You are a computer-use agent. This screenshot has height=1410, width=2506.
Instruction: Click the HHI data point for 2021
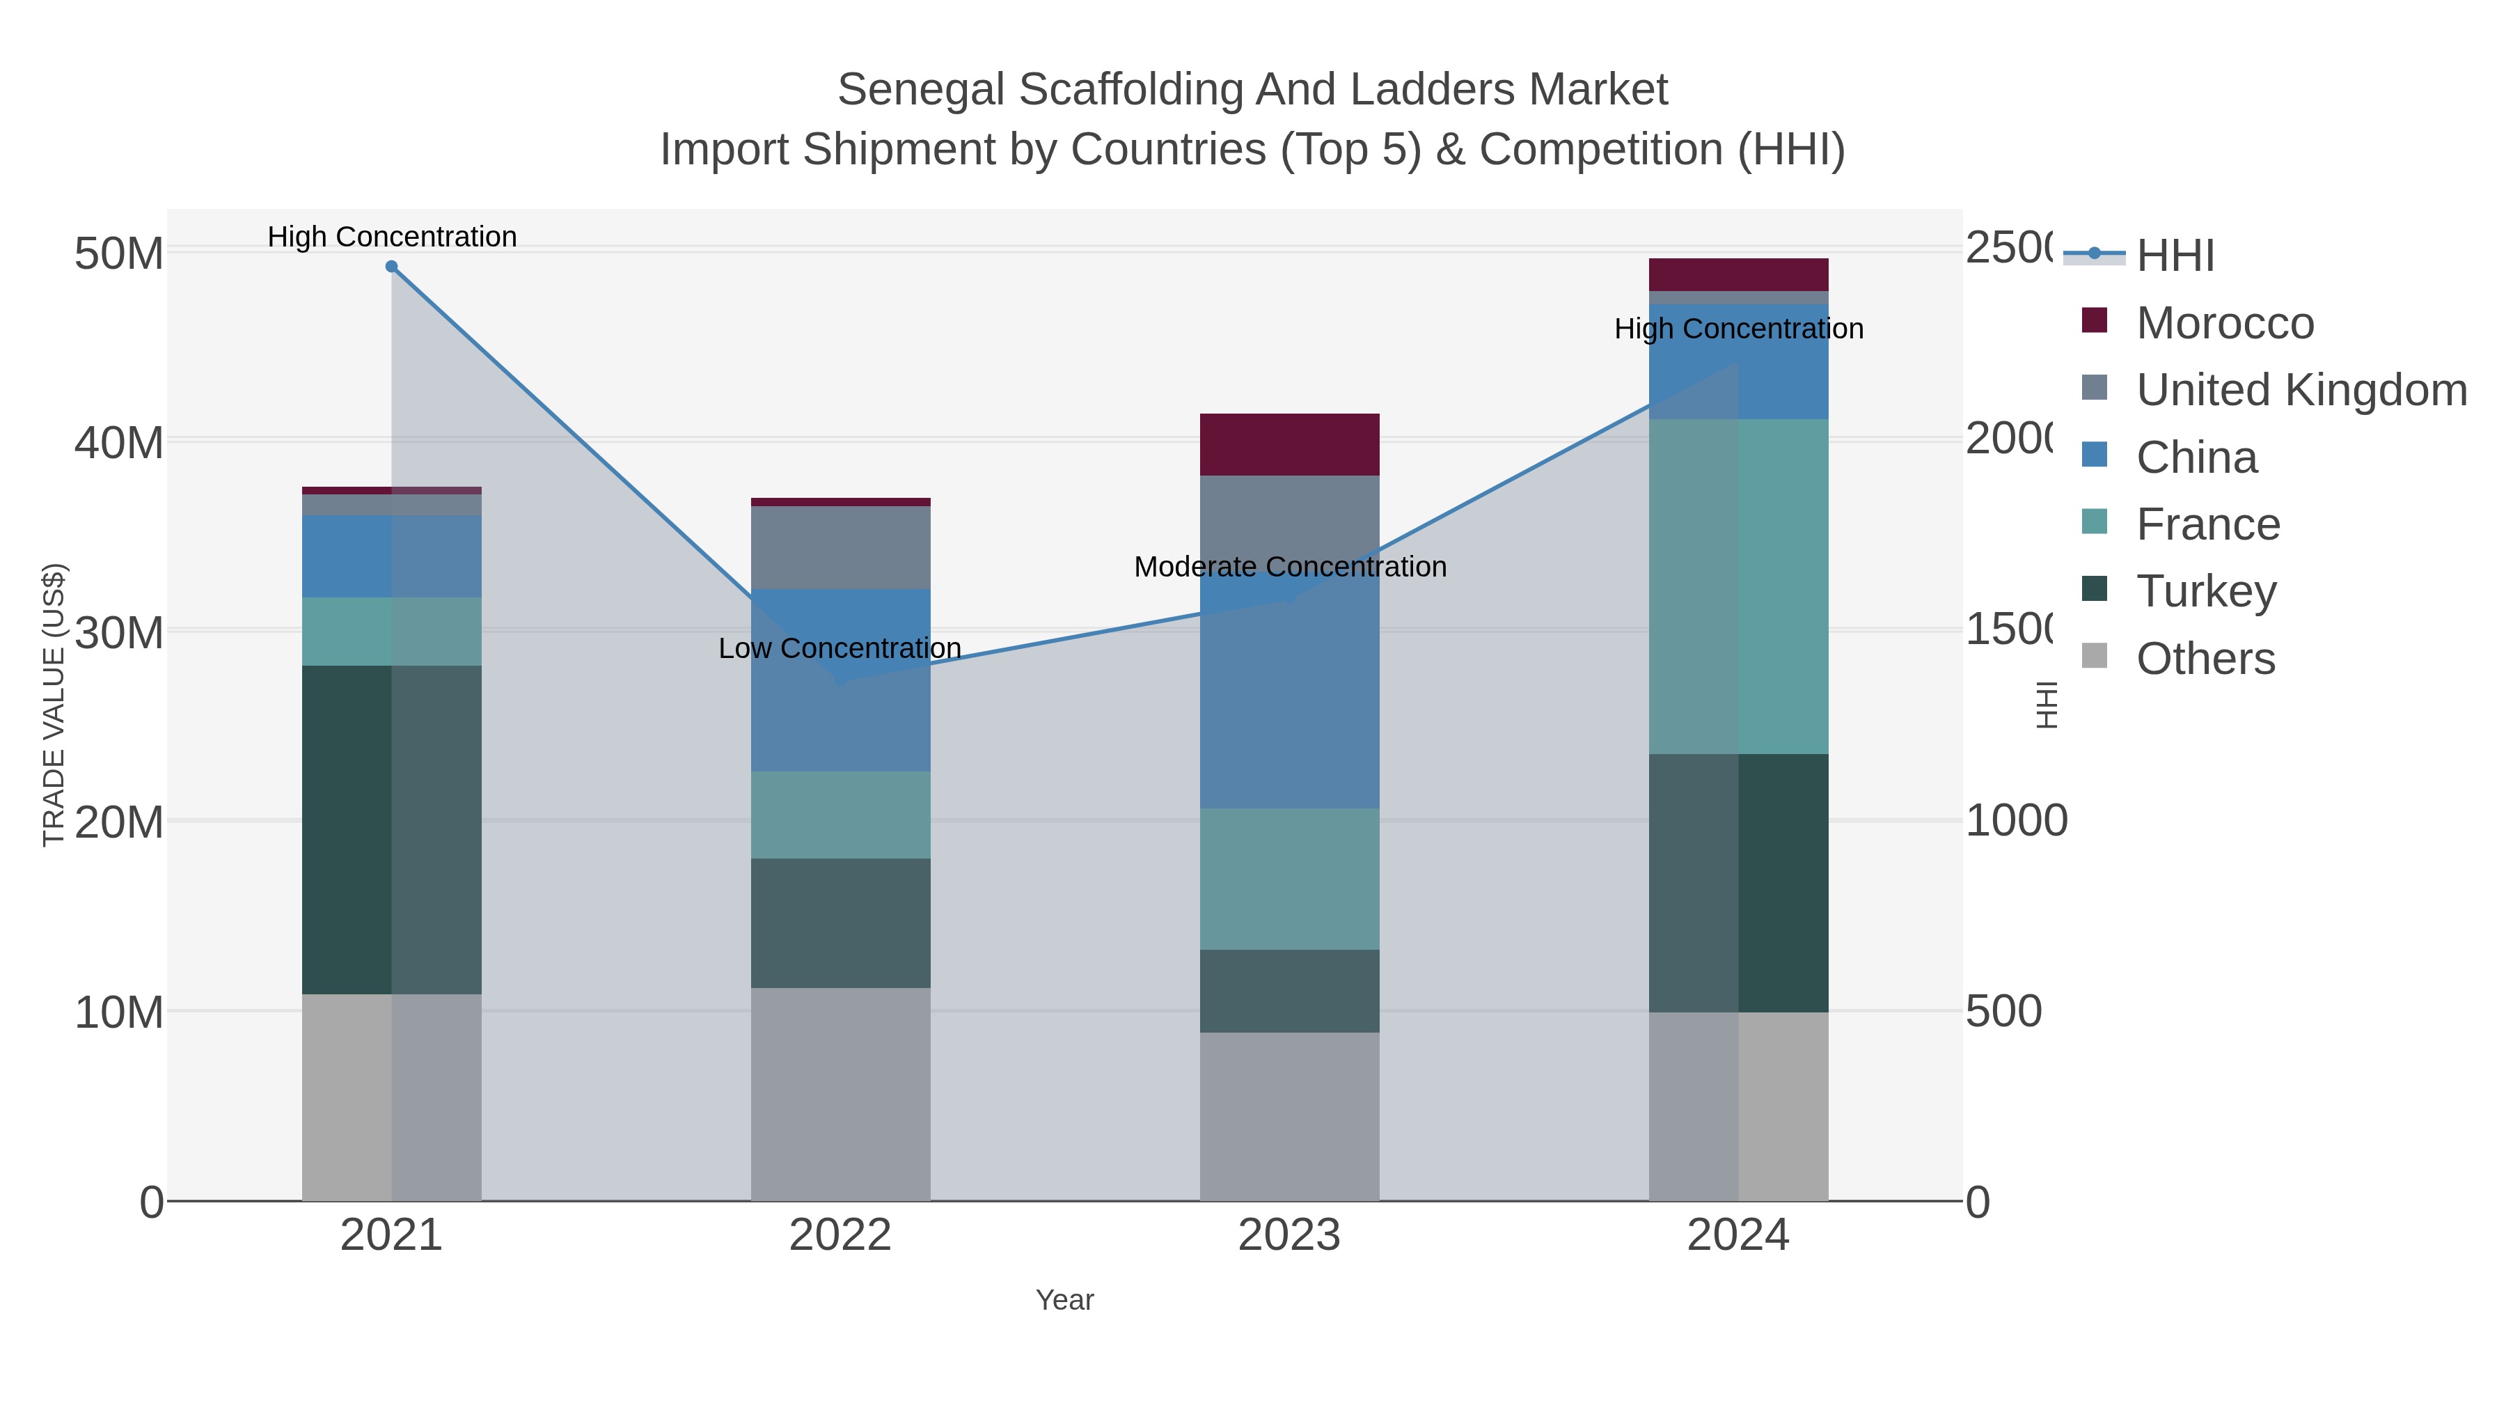[x=391, y=266]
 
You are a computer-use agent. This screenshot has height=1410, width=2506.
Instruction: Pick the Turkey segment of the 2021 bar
[x=391, y=829]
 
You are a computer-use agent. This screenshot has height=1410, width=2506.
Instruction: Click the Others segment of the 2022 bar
[x=840, y=1094]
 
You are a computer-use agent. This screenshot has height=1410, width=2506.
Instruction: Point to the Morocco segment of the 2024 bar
[x=1738, y=274]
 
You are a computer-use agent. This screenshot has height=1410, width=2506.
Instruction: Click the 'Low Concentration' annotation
[x=840, y=648]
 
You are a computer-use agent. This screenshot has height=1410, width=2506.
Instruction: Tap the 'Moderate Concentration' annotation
[x=1290, y=566]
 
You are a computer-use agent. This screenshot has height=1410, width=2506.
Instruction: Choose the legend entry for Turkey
[x=2207, y=590]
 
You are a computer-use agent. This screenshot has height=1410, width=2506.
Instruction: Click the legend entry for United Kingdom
[x=2301, y=389]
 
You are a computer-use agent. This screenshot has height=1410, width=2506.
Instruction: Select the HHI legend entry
[x=2175, y=255]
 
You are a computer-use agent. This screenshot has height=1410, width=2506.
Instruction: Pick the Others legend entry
[x=2205, y=659]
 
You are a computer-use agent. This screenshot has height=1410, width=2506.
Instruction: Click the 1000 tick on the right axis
[x=2016, y=820]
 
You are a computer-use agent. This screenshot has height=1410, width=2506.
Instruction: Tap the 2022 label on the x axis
[x=840, y=1235]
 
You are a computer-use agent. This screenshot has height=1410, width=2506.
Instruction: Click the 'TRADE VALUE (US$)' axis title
[x=54, y=705]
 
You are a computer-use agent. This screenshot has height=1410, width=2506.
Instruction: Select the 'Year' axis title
[x=1064, y=1300]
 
